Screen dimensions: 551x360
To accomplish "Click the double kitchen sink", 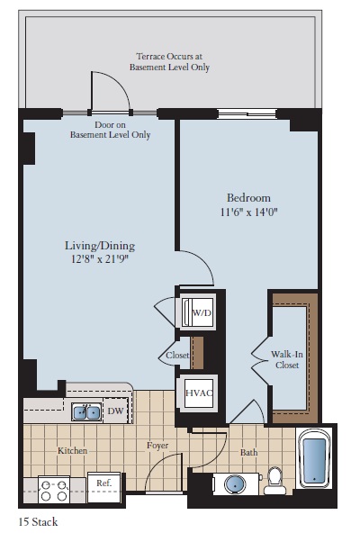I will click(86, 411).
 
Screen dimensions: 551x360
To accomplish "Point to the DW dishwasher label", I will click(115, 411).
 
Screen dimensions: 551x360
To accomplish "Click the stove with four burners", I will click(54, 490).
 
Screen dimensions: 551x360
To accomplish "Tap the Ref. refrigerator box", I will click(104, 484).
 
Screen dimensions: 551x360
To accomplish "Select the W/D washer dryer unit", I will click(197, 313).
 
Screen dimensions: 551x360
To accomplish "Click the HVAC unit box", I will click(198, 393).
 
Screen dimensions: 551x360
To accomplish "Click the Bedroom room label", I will click(247, 197).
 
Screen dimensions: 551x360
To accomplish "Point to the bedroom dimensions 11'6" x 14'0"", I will click(247, 213).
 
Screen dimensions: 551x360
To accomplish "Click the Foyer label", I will click(159, 446).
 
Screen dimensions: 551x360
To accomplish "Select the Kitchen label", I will click(72, 450).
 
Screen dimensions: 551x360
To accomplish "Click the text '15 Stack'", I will click(38, 521).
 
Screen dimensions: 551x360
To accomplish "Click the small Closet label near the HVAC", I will click(177, 356).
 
